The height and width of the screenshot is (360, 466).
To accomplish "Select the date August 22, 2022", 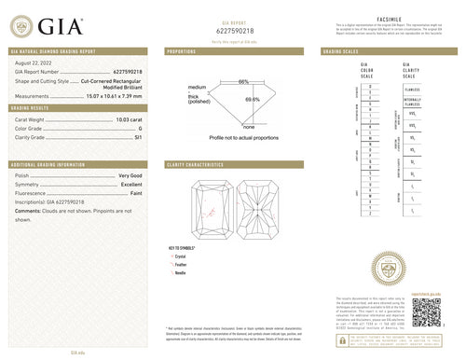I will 35,62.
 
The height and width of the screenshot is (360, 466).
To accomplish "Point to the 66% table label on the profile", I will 243,82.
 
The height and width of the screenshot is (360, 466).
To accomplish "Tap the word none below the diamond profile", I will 249,126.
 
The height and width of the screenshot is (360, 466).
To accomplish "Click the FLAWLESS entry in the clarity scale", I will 412,89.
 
